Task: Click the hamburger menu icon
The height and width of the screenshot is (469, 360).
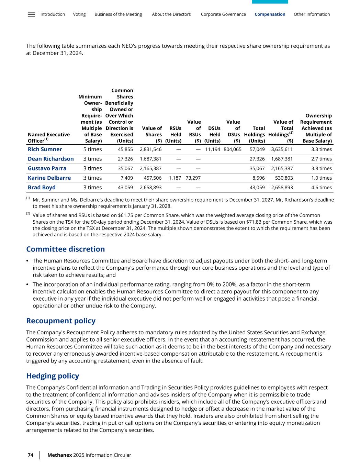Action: click(31, 14)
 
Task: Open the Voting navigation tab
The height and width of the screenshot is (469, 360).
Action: click(79, 14)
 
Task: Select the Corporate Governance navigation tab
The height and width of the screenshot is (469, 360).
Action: click(223, 14)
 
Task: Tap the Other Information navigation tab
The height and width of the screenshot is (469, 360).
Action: click(312, 14)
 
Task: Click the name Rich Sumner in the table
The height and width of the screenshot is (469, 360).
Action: click(45, 149)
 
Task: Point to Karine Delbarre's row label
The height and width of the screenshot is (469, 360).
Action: click(49, 178)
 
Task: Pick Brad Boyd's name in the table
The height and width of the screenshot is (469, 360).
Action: click(42, 188)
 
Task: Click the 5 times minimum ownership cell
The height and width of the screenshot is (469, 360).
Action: click(92, 149)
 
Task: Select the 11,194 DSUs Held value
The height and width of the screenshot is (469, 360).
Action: click(213, 149)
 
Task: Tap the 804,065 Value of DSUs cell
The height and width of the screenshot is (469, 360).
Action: click(233, 149)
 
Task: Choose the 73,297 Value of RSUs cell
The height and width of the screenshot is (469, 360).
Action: click(193, 178)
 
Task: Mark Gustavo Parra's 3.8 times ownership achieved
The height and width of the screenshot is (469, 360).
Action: click(322, 168)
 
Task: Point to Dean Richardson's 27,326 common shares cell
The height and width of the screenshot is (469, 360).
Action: click(125, 159)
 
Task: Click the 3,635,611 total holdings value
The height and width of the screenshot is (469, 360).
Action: click(282, 149)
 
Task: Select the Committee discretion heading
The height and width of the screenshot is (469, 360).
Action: click(66, 249)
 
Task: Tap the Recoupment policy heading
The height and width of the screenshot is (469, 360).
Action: click(61, 321)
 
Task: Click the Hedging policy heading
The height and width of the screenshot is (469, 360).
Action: click(53, 376)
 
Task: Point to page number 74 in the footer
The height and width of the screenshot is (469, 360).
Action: click(31, 455)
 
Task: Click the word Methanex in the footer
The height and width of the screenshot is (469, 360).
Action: click(60, 455)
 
